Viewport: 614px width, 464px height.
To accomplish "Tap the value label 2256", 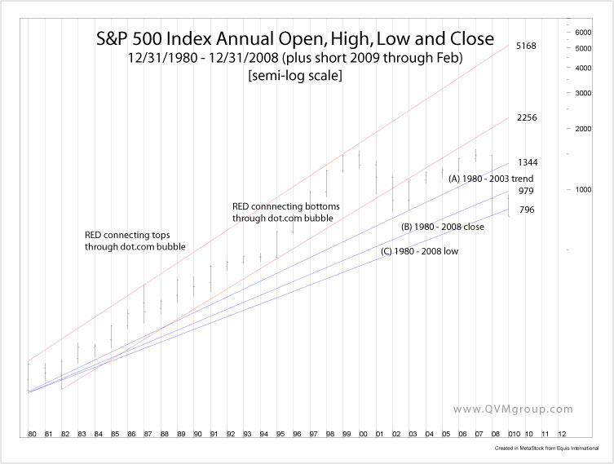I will coord(527,117).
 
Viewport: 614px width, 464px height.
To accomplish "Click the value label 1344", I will coord(527,163).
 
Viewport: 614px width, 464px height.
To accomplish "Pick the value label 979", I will coord(525,191).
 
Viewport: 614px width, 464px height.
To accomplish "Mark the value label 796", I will coord(525,210).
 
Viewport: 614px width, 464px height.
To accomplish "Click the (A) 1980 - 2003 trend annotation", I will coord(489,178).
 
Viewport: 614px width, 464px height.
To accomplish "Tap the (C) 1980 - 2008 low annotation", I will coord(419,251).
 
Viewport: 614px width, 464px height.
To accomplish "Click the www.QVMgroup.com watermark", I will coord(513,409).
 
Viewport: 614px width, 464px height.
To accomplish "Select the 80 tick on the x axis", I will coord(32,435).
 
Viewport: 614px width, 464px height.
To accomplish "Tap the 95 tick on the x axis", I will coord(280,435).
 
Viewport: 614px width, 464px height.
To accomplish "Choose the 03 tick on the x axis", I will coord(413,435).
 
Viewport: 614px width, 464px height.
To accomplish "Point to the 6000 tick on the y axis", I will coord(582,32).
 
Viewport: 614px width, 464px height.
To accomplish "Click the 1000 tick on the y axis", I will coord(582,189).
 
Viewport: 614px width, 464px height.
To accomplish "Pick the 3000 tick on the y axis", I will coord(582,93).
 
